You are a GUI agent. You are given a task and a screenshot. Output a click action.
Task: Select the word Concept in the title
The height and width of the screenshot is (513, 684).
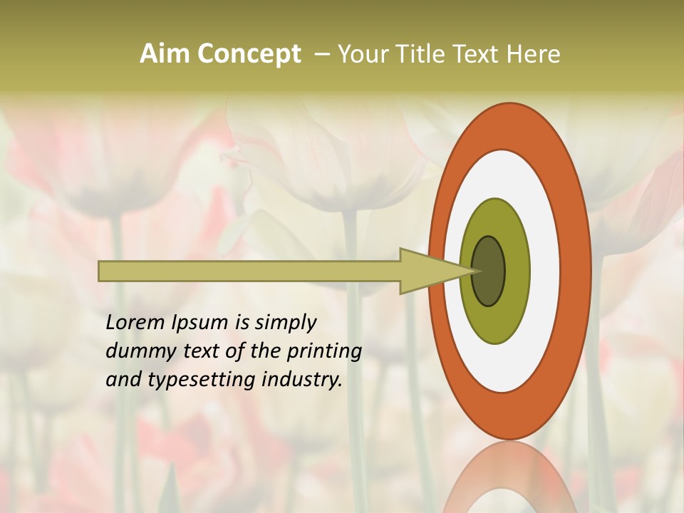point(249,54)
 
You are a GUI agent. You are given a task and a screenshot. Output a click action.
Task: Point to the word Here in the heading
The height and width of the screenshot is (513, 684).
point(533,54)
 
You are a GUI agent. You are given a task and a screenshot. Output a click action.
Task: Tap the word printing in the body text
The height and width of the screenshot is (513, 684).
point(323,351)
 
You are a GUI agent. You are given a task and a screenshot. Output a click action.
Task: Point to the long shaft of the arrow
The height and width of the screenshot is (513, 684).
point(249,271)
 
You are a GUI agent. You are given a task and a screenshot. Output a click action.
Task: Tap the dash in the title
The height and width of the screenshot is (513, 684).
point(321,54)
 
